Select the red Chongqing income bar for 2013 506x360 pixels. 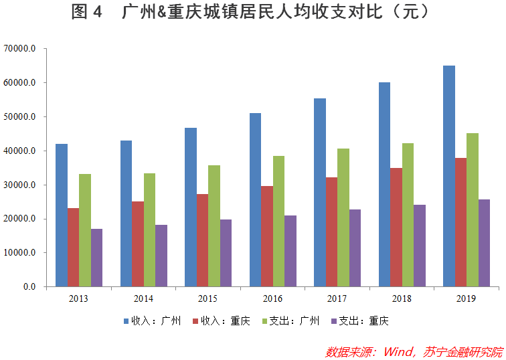point(73,247)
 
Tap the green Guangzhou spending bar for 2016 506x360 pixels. point(278,221)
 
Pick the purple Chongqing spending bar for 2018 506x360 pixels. point(420,246)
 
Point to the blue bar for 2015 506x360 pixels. point(191,207)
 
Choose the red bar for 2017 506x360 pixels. point(332,232)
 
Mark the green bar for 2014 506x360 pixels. point(149,230)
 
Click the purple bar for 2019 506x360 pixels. point(484,243)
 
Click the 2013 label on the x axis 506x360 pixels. point(78,298)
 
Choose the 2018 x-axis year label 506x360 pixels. point(402,298)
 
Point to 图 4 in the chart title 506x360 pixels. point(86,12)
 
